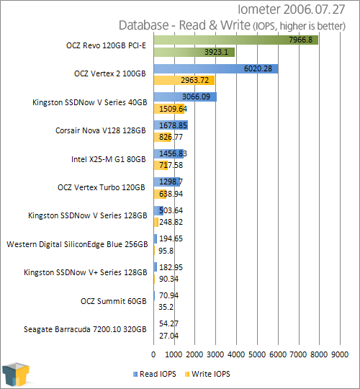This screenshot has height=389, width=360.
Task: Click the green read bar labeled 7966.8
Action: click(235, 40)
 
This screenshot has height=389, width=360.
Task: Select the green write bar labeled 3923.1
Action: click(194, 52)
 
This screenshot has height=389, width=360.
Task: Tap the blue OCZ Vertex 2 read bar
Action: click(216, 68)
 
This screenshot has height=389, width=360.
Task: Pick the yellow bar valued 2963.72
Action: click(184, 81)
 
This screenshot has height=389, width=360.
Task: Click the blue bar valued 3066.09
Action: click(185, 97)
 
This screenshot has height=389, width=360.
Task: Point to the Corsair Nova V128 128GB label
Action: click(101, 130)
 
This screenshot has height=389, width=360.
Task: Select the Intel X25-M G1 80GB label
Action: click(109, 159)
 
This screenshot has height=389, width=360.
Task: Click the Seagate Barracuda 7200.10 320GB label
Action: click(85, 329)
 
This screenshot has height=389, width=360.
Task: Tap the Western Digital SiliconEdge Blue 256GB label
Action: click(77, 244)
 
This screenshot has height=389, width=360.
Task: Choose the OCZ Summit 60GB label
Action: click(114, 301)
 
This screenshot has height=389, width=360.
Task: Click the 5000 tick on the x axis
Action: click(257, 354)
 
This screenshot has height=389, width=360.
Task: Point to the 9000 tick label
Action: click(340, 354)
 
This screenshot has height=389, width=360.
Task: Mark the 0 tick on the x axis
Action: click(153, 354)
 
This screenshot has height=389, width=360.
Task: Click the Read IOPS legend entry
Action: click(155, 374)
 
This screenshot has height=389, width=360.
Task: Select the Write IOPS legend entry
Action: click(207, 374)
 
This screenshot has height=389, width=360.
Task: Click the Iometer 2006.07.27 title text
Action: click(292, 9)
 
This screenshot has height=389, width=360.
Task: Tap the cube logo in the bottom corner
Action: click(16, 375)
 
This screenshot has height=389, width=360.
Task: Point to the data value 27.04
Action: click(168, 336)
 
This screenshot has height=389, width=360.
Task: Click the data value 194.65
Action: click(171, 238)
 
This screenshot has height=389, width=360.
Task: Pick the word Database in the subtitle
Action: click(144, 25)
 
